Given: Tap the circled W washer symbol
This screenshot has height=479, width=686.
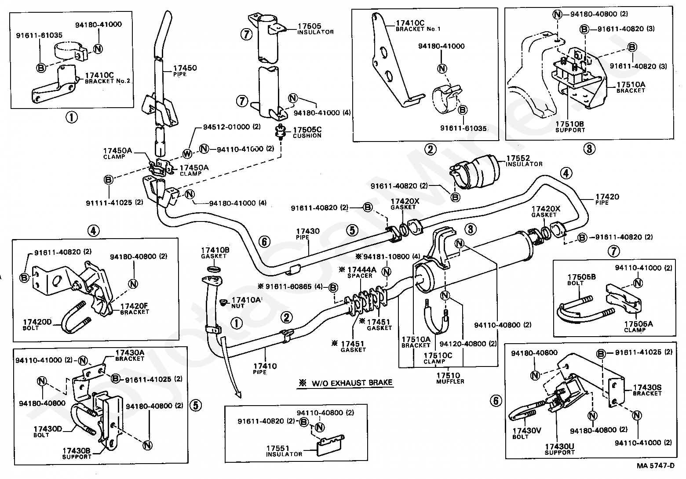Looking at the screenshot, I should point(188,154).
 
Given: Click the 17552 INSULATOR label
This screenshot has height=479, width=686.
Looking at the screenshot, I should point(524,160).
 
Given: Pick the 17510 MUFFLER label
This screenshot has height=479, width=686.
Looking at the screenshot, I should point(448,378).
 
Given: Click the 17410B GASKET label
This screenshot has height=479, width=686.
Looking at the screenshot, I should point(213,252).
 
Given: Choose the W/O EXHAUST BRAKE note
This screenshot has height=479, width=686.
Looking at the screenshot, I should point(345,382).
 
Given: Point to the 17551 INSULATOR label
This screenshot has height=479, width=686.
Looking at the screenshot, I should point(284,450).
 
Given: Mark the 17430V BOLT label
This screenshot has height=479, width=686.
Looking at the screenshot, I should point(526,433).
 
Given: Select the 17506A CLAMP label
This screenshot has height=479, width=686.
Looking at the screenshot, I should point(638,327).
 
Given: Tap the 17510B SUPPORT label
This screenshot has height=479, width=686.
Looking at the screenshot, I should point(570,127).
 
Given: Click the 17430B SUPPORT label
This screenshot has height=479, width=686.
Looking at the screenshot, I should point(77,453).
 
